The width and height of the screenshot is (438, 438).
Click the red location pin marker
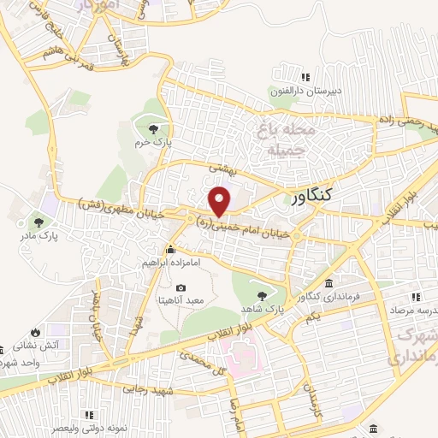[221, 200]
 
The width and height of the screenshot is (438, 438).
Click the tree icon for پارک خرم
[152, 129]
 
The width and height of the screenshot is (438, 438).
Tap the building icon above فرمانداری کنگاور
[330, 284]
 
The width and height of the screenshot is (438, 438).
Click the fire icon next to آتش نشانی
[35, 333]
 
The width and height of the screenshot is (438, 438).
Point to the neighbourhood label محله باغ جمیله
[281, 141]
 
